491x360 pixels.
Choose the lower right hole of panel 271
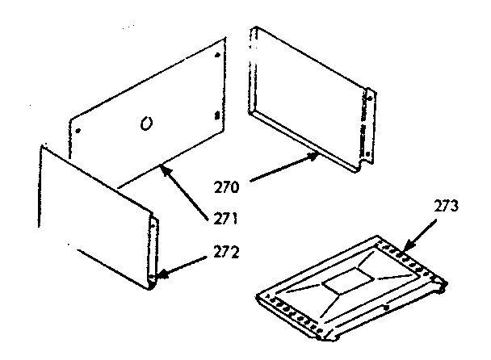pos(217,115)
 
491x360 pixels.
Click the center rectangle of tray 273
pos(346,283)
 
